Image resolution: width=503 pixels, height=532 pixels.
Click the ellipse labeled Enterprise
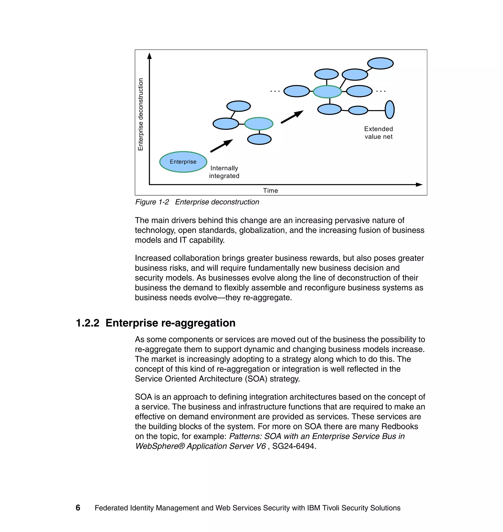coord(183,162)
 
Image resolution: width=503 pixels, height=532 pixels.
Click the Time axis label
coord(270,190)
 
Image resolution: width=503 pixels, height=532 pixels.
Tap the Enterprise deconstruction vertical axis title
coord(140,114)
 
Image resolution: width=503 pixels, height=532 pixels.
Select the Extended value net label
coord(378,133)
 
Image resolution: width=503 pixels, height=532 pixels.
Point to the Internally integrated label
coord(224,172)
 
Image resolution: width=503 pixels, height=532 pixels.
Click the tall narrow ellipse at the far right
coord(390,109)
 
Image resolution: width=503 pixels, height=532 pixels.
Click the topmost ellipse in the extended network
coord(380,64)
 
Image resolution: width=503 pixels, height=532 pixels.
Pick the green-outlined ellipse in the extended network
coord(327,92)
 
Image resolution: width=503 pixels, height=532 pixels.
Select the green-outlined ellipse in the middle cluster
coord(259,124)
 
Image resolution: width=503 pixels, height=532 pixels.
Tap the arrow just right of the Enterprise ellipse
coord(222,146)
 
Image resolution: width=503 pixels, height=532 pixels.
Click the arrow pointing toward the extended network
coord(292,117)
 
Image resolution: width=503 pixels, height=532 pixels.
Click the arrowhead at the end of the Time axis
coord(419,185)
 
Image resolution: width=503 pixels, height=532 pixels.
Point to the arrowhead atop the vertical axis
coord(150,56)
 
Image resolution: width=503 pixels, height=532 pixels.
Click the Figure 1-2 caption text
coord(197,202)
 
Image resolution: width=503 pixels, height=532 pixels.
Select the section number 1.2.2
coord(88,323)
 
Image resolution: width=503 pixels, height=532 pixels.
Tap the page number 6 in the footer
coord(78,508)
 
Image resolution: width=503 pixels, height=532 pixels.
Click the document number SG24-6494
coord(294,446)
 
